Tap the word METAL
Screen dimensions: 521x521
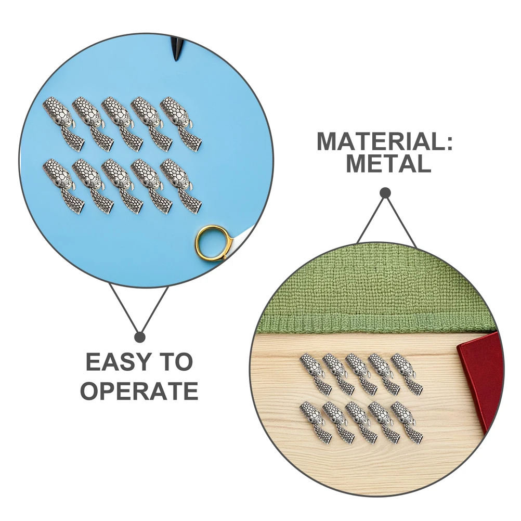[388, 164]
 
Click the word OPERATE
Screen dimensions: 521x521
[139, 390]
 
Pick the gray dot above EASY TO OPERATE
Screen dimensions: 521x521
[139, 337]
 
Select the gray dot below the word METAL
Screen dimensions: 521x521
[385, 193]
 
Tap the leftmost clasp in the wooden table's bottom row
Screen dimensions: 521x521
[315, 422]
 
